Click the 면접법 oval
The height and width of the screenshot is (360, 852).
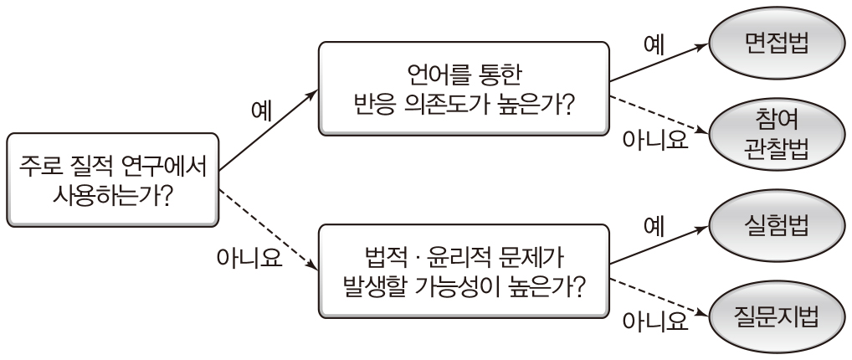click(x=776, y=44)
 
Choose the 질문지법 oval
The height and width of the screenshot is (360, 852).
click(x=776, y=317)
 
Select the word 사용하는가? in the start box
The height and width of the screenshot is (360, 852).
click(x=113, y=195)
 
